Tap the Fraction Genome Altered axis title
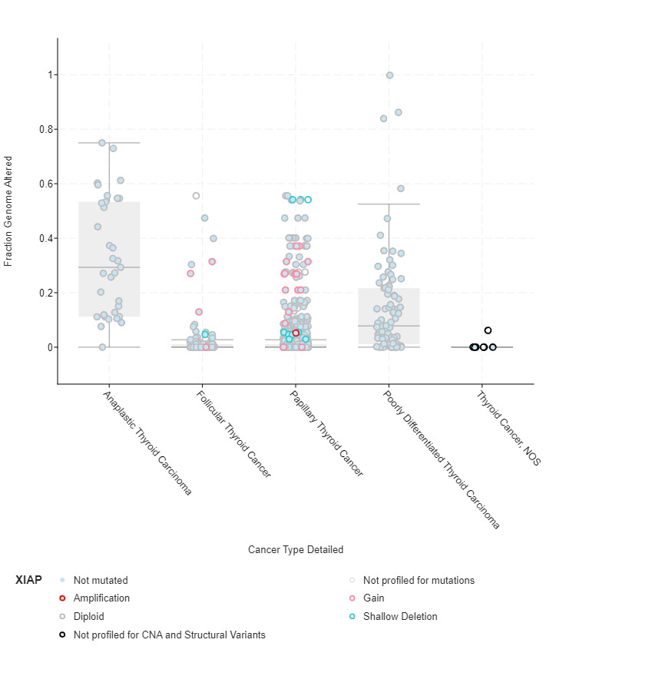tap(9, 211)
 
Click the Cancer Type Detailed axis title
tap(296, 550)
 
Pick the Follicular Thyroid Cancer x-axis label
tap(233, 434)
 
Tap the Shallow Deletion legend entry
tap(400, 617)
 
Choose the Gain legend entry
tap(374, 598)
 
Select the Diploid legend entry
tap(89, 617)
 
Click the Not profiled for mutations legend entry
tap(419, 581)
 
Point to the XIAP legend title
tap(28, 581)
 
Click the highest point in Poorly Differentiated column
tap(389, 75)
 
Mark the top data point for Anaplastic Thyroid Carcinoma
tap(102, 143)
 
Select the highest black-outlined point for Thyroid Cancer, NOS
tap(488, 330)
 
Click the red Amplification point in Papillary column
tap(296, 333)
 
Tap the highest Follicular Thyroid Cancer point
tap(196, 196)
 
